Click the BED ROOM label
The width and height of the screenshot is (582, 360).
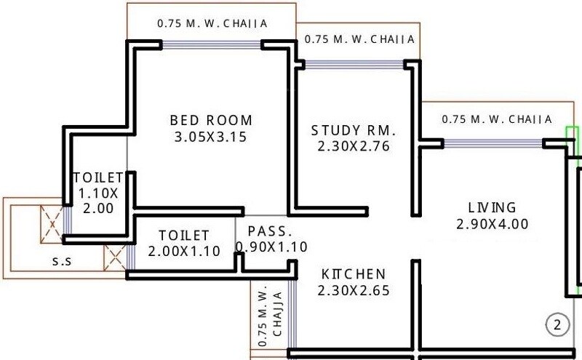(211, 120)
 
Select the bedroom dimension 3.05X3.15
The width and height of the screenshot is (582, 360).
(211, 137)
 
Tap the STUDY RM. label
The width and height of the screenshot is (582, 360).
(354, 131)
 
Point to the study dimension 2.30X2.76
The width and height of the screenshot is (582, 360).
(354, 146)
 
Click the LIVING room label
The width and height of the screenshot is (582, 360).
(492, 208)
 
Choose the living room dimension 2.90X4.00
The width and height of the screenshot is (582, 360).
(492, 224)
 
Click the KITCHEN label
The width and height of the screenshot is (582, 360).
(354, 274)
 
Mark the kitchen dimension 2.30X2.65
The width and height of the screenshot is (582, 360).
(354, 290)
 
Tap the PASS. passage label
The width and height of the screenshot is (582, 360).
(270, 232)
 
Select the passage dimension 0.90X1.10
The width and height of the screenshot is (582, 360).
(271, 247)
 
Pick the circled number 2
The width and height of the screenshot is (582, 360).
(557, 325)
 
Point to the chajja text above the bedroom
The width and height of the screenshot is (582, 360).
(212, 23)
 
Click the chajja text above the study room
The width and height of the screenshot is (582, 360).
(359, 39)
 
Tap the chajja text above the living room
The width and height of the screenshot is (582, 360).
(497, 119)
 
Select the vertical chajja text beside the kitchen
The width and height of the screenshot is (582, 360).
(271, 317)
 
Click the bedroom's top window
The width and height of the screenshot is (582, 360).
(212, 45)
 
